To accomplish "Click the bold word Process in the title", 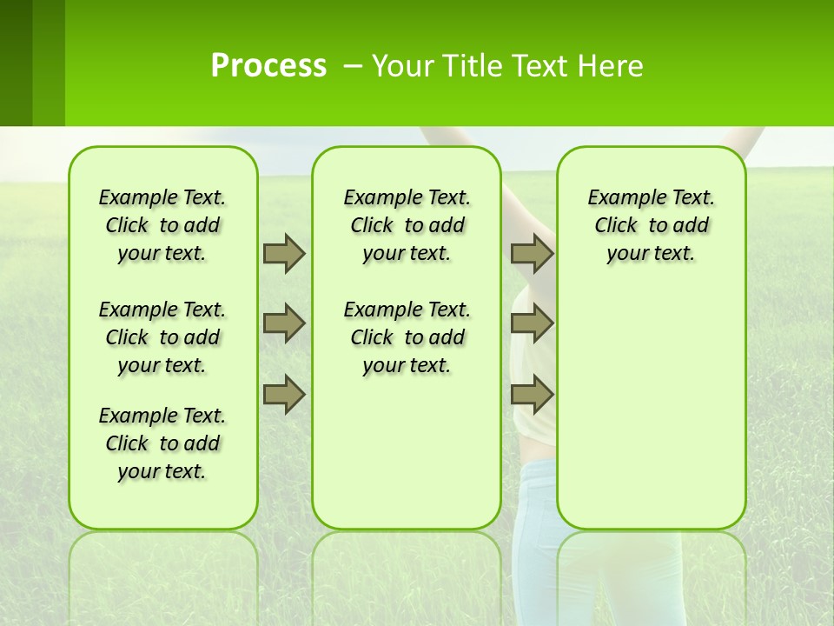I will pyautogui.click(x=268, y=65).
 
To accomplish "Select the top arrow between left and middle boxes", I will pyautogui.click(x=284, y=253).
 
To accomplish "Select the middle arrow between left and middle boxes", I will pyautogui.click(x=284, y=323).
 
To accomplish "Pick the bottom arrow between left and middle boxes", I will pyautogui.click(x=284, y=395).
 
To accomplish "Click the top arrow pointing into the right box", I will pyautogui.click(x=532, y=253).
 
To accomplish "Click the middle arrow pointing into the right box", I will pyautogui.click(x=532, y=323).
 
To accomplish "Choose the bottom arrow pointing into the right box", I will pyautogui.click(x=532, y=395).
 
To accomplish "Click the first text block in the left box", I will pyautogui.click(x=162, y=225).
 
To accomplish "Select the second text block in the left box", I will pyautogui.click(x=162, y=337).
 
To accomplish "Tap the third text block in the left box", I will pyautogui.click(x=162, y=443).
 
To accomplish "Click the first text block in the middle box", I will pyautogui.click(x=407, y=225).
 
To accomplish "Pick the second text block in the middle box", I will pyautogui.click(x=407, y=337).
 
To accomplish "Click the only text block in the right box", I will pyautogui.click(x=652, y=225).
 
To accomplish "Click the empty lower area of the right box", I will pyautogui.click(x=652, y=417).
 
